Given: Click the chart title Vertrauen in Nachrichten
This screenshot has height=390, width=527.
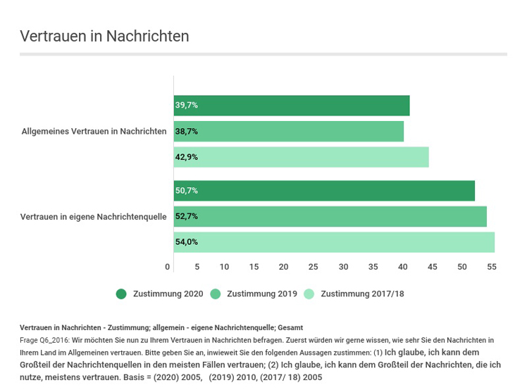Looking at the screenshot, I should tap(104, 36).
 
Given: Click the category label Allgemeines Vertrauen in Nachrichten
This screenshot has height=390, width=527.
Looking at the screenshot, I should tap(94, 131).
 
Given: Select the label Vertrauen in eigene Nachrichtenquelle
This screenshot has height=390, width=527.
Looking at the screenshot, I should tap(93, 217).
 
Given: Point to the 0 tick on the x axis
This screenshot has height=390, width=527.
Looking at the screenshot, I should tap(168, 267).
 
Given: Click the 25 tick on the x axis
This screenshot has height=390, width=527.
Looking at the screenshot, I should tap(314, 267).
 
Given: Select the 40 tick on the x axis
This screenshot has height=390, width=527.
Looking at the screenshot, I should tap(402, 267).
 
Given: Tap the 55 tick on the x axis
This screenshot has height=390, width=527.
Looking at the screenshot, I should tap(492, 267).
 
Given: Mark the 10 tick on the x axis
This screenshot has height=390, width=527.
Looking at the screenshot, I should tap(224, 267).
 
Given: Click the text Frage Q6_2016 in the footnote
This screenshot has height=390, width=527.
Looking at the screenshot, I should tap(44, 339).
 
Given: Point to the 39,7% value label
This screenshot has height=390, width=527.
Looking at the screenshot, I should tap(187, 106).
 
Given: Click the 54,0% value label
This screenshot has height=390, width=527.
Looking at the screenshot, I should tap(187, 242).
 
